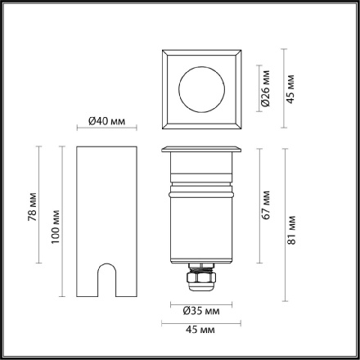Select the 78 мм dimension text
click(x=32, y=205)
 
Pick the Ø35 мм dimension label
click(x=200, y=311)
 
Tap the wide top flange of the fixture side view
click(x=200, y=150)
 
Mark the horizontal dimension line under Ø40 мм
click(x=106, y=130)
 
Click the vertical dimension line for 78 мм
click(x=40, y=205)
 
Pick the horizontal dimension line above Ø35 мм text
click(x=200, y=303)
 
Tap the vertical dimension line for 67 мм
click(x=257, y=205)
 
